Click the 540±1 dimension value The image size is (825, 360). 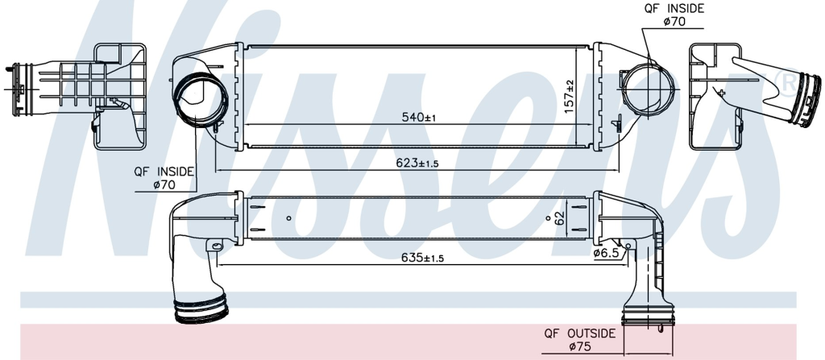coord(419,118)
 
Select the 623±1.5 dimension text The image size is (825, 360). coord(417,163)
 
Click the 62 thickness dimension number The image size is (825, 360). coord(559,217)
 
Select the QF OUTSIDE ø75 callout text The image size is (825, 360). coord(579,340)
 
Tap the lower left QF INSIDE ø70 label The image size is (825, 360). coord(164,178)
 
